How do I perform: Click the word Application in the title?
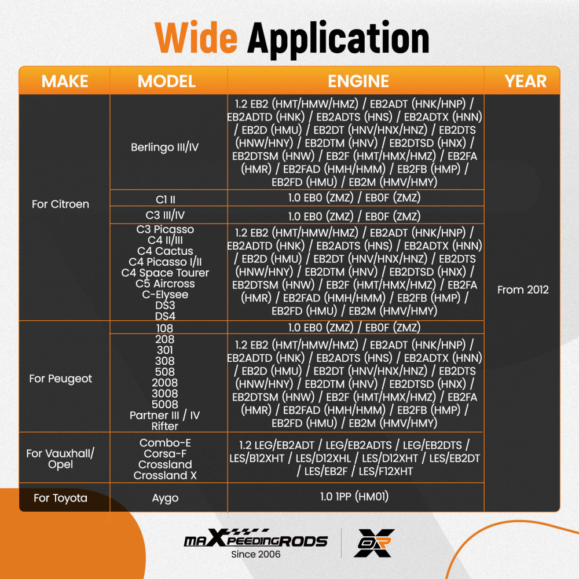point(338,39)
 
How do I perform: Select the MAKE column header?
point(65,81)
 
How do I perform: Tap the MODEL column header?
point(167,81)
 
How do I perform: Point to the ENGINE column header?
point(358,81)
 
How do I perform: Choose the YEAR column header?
point(525,81)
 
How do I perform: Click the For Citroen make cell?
point(60,204)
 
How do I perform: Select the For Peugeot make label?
point(61,379)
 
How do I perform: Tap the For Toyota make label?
point(61,498)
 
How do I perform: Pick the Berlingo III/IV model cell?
point(164,147)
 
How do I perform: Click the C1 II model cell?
point(166,199)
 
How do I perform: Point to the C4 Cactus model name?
point(165,251)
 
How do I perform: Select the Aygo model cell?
point(165,498)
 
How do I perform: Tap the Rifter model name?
point(164,426)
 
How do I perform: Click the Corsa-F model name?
point(165,453)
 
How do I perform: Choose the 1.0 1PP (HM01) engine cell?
point(354,496)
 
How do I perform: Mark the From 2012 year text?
point(523,289)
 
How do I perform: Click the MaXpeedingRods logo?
point(255,538)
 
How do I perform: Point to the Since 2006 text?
point(255,554)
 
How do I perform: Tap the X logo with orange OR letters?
point(374,543)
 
